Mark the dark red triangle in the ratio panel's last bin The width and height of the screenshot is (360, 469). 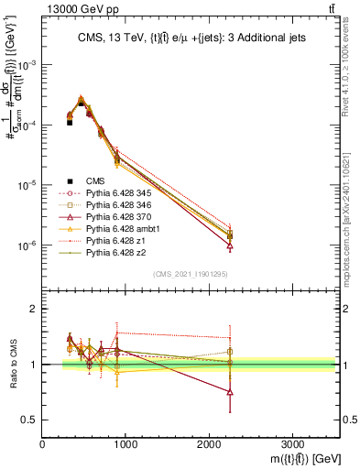click(x=230, y=392)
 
